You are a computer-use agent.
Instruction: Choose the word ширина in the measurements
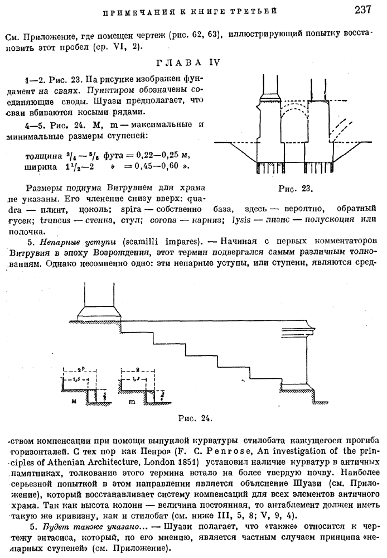(42, 167)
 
